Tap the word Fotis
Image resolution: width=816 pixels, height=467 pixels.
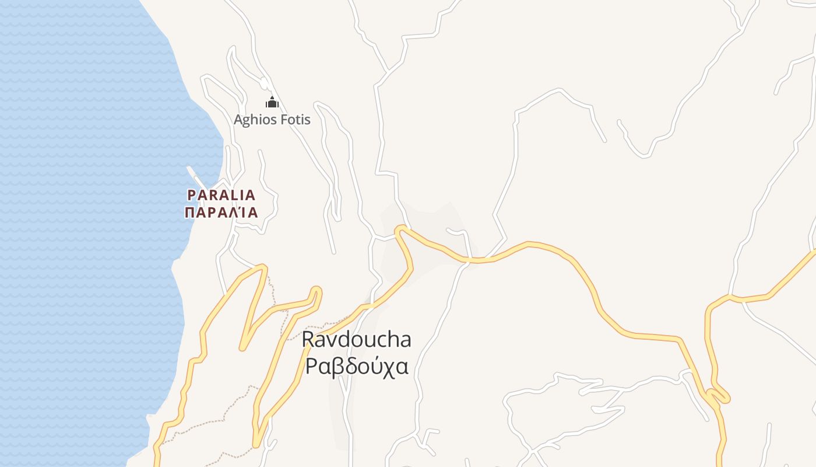pyautogui.click(x=297, y=120)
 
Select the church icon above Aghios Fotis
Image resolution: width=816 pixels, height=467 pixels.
pyautogui.click(x=272, y=103)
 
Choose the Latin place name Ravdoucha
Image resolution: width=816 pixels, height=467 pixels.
pyautogui.click(x=357, y=340)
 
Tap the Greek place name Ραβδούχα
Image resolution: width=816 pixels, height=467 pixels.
pyautogui.click(x=357, y=367)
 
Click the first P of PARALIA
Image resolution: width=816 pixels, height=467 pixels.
pyautogui.click(x=191, y=195)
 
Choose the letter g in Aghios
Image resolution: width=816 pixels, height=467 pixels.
pyautogui.click(x=248, y=121)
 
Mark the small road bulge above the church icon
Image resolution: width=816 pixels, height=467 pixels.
pyautogui.click(x=264, y=83)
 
